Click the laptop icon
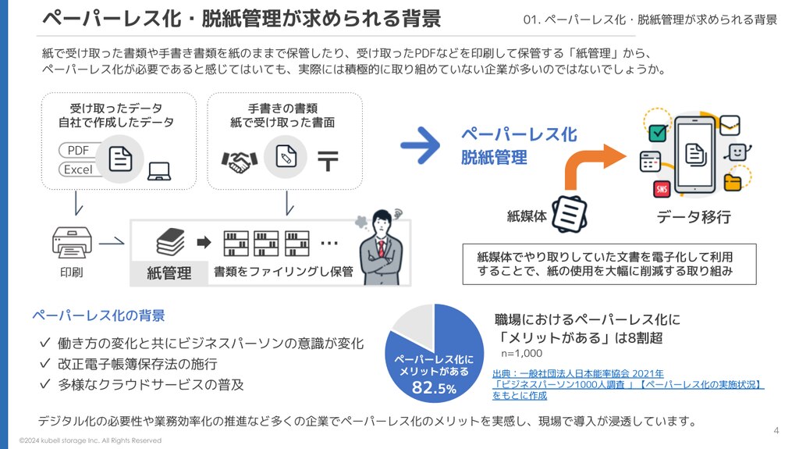tap(159, 172)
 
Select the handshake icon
tap(239, 162)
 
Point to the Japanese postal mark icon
tap(328, 161)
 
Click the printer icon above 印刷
tap(72, 242)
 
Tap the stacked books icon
tap(171, 241)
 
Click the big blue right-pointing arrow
tap(421, 145)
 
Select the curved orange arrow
tap(594, 164)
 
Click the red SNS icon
tap(662, 189)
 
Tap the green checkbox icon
tap(657, 133)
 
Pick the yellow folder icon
tap(732, 182)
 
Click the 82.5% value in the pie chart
tap(434, 387)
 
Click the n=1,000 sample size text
tap(521, 353)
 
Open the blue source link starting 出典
tap(627, 384)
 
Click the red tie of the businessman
tap(381, 249)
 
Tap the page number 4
tap(776, 430)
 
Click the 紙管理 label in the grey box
tap(169, 273)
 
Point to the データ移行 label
tap(694, 217)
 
